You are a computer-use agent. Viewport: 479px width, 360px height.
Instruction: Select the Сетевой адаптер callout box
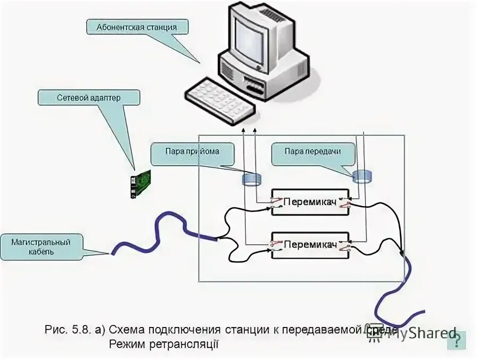click(x=89, y=98)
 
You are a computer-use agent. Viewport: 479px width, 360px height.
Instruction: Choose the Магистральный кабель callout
click(x=42, y=247)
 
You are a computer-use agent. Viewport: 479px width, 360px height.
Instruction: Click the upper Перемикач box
click(x=310, y=202)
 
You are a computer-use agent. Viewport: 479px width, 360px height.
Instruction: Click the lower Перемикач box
click(x=310, y=245)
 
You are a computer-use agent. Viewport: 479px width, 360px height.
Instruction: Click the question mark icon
click(x=457, y=340)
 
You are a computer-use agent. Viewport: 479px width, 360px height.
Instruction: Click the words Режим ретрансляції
click(x=165, y=345)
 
